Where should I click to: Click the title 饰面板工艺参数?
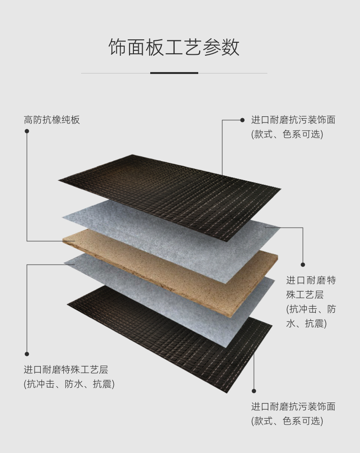tap(174, 48)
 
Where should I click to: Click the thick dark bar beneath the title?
tap(174, 73)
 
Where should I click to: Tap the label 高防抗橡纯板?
tap(52, 120)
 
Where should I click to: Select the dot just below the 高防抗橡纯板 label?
tap(27, 131)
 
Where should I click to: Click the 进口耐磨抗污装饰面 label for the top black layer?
tap(293, 120)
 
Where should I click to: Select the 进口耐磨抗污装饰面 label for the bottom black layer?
tap(293, 406)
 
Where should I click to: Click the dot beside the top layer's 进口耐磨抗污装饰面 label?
tap(242, 120)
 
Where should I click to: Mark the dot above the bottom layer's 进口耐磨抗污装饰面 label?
tap(254, 391)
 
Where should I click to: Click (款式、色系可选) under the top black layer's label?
tap(287, 134)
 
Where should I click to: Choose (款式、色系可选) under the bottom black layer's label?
tap(287, 421)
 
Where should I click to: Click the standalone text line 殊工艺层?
tap(305, 294)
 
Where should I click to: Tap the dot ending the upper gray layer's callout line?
tap(303, 264)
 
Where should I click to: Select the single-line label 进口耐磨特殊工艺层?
tap(66, 369)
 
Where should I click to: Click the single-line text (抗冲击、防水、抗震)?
tap(69, 384)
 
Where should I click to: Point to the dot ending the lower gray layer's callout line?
tap(27, 354)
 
